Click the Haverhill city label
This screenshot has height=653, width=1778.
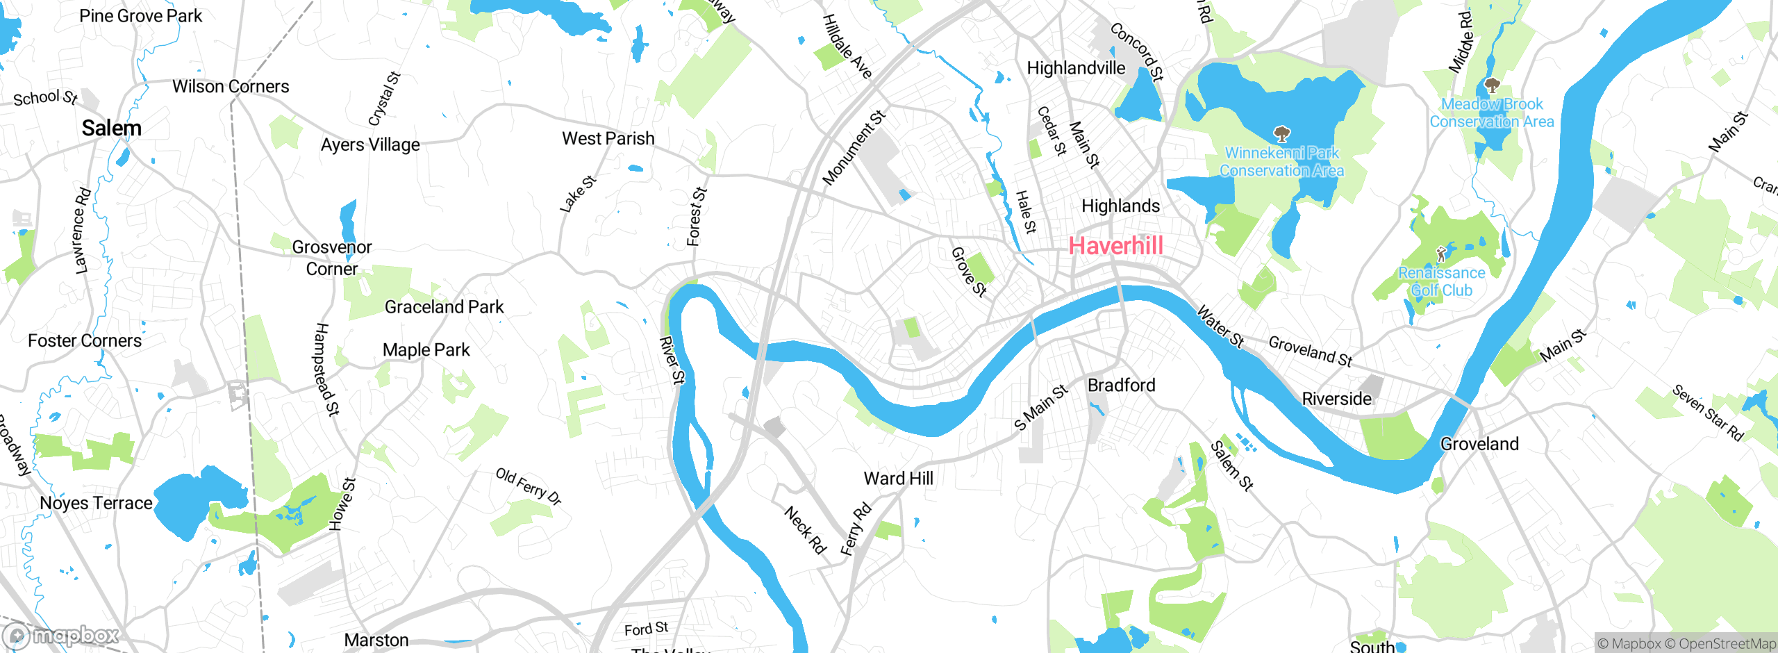coord(1115,246)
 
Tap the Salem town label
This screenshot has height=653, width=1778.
coord(111,129)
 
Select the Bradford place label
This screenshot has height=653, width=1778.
coord(1121,386)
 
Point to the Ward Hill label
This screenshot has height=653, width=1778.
coord(898,479)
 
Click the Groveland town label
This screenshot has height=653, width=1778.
coord(1479,444)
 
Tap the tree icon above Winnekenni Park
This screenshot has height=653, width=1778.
coord(1281,133)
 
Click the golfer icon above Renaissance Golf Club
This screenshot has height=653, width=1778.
coord(1441,254)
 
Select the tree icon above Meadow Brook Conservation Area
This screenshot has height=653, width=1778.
coord(1491,86)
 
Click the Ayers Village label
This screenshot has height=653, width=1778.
coord(370,145)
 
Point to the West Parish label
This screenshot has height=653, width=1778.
coord(608,139)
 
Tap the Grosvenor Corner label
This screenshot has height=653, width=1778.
coord(332,258)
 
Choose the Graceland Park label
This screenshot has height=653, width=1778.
coord(444,307)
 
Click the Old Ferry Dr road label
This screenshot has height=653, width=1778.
coord(528,486)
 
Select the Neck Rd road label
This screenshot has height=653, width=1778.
coord(805,530)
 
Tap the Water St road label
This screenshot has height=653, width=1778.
coord(1220,326)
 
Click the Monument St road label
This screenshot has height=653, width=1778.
coord(854,148)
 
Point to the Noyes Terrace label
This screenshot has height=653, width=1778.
coord(96,503)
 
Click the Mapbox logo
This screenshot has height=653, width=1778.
coord(61,635)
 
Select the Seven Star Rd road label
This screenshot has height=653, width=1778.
coord(1706,413)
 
